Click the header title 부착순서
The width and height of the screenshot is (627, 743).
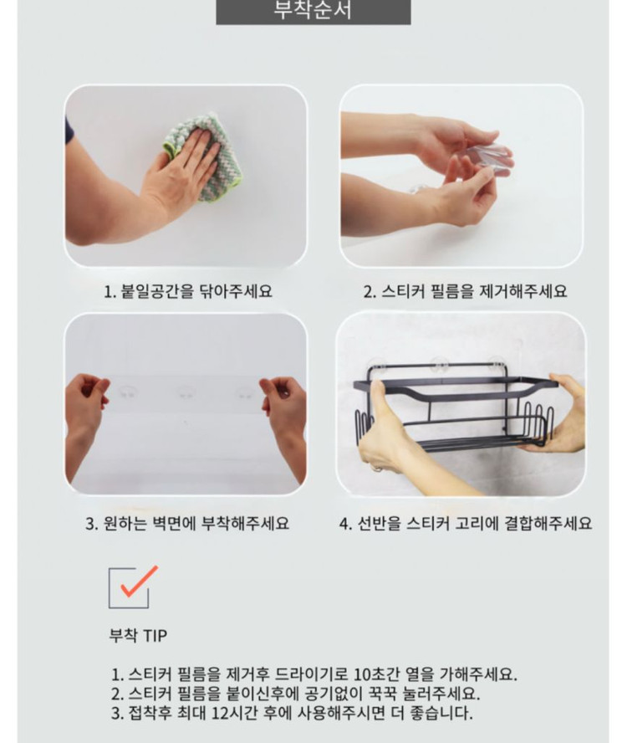point(313,12)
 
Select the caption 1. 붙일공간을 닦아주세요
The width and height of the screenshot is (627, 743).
point(187,292)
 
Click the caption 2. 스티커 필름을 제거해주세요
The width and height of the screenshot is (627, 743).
point(465,292)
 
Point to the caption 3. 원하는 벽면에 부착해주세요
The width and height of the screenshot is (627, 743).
point(187,524)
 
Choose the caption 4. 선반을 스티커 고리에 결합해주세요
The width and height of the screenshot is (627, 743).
point(465,524)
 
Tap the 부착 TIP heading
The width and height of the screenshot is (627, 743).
point(138,636)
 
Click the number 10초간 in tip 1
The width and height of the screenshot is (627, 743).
point(376,674)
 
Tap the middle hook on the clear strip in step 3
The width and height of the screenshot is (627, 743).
point(185,392)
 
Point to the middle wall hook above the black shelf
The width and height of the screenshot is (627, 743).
point(434,365)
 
